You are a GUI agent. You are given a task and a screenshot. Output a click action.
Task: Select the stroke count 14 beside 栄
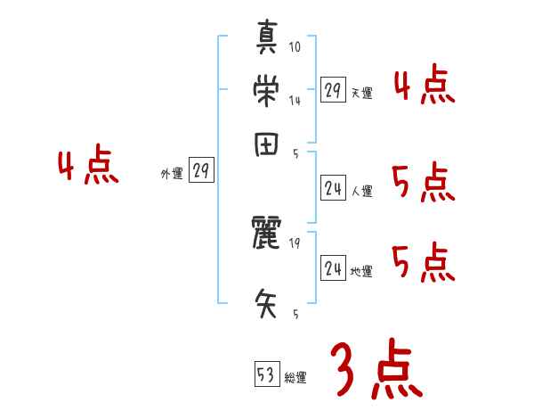coord(295,101)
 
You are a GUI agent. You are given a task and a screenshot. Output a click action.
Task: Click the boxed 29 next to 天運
coord(333,90)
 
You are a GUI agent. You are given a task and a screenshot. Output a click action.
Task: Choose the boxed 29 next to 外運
coord(201,172)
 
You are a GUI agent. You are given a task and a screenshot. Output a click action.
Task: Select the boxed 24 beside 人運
coord(333,188)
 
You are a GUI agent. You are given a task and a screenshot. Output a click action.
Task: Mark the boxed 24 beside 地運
coord(333,268)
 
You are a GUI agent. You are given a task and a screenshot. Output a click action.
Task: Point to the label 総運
coord(295,378)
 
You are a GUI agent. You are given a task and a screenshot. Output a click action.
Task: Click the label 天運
coord(361,93)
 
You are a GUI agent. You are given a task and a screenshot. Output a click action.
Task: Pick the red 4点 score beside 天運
coord(425,86)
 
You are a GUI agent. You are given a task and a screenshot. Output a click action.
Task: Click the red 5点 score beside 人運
coord(424,185)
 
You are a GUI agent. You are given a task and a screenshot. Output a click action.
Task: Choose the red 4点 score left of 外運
coord(88,168)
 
